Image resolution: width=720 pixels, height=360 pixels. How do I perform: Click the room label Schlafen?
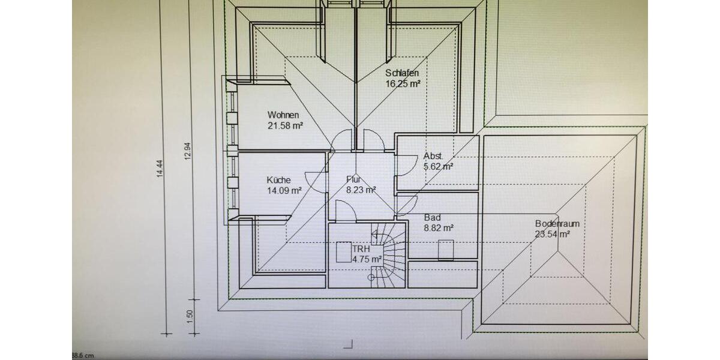point(402,73)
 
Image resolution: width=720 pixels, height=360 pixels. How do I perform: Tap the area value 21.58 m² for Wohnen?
point(286,125)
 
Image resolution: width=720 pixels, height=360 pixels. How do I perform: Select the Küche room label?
point(278,180)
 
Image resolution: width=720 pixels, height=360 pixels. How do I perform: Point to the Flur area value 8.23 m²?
point(361,190)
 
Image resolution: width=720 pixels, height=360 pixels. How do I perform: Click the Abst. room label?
point(433,156)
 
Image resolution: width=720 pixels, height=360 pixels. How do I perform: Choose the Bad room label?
point(433,218)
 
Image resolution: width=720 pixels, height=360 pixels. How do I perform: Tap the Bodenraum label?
point(557,224)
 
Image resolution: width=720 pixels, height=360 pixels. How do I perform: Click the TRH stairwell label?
point(361,249)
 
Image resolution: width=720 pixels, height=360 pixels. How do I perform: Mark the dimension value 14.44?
point(160,169)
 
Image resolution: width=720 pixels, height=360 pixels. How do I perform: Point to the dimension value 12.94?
point(188,151)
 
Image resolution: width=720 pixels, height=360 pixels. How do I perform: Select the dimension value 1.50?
point(190,317)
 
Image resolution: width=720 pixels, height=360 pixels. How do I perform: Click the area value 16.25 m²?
point(403,84)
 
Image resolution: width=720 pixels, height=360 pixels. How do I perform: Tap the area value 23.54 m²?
point(553,235)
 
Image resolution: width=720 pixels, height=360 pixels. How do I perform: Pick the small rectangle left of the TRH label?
point(344,252)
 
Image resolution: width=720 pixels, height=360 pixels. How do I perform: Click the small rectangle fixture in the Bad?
point(446,250)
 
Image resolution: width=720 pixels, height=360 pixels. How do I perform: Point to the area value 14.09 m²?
point(284,191)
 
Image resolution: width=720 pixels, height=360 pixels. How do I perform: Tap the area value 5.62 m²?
point(439,167)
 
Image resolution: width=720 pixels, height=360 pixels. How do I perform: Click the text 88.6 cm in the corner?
point(83,355)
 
